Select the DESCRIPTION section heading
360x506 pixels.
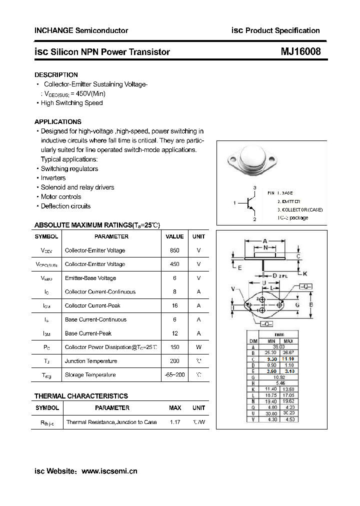coord(56,74)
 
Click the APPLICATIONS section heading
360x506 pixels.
coord(57,121)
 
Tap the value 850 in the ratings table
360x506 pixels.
coord(174,250)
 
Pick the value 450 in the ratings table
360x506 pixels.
coord(174,264)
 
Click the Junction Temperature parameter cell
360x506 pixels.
coord(91,361)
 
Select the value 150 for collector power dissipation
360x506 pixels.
coord(174,347)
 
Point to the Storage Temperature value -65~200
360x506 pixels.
coord(174,374)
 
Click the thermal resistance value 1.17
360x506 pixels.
coord(175,422)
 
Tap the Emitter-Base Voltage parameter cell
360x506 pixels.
coord(90,278)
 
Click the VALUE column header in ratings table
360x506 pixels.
coord(174,236)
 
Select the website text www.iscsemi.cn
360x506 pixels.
coord(109,470)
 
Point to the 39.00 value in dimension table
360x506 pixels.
coord(278,346)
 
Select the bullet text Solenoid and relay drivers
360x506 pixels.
coord(77,187)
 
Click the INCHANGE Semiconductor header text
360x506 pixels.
coord(81,30)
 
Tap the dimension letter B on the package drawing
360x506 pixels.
coord(311,304)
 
